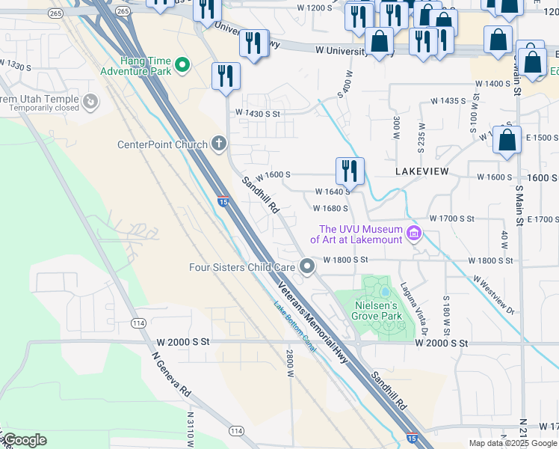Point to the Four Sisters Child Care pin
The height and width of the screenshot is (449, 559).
point(307,266)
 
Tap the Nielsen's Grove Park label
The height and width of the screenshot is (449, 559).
point(377,311)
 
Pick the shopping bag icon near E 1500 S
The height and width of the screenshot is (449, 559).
point(507,140)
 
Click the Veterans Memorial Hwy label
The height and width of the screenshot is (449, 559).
point(314,312)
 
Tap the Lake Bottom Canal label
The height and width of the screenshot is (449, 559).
point(295,326)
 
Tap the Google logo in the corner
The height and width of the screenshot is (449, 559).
point(25,440)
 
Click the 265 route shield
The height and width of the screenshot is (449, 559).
point(55,13)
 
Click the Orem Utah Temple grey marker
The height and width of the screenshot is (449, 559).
point(91,100)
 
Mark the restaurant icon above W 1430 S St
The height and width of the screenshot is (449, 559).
point(225,76)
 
